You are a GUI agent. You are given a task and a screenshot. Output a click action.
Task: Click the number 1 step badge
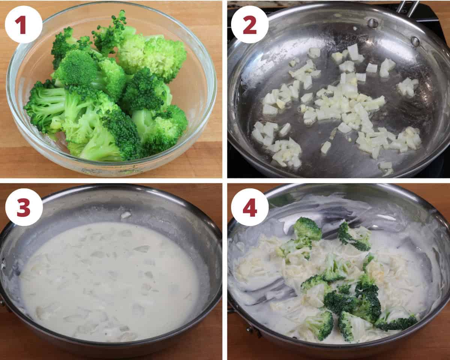[24, 24]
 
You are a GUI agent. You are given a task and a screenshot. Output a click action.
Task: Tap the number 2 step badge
[250, 24]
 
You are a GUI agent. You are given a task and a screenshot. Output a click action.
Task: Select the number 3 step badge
[24, 207]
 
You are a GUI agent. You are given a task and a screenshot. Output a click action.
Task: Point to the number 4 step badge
[250, 207]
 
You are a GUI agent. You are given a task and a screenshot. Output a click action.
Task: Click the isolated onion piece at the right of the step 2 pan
[407, 86]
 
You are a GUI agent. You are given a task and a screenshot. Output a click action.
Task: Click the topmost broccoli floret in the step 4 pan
[307, 229]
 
